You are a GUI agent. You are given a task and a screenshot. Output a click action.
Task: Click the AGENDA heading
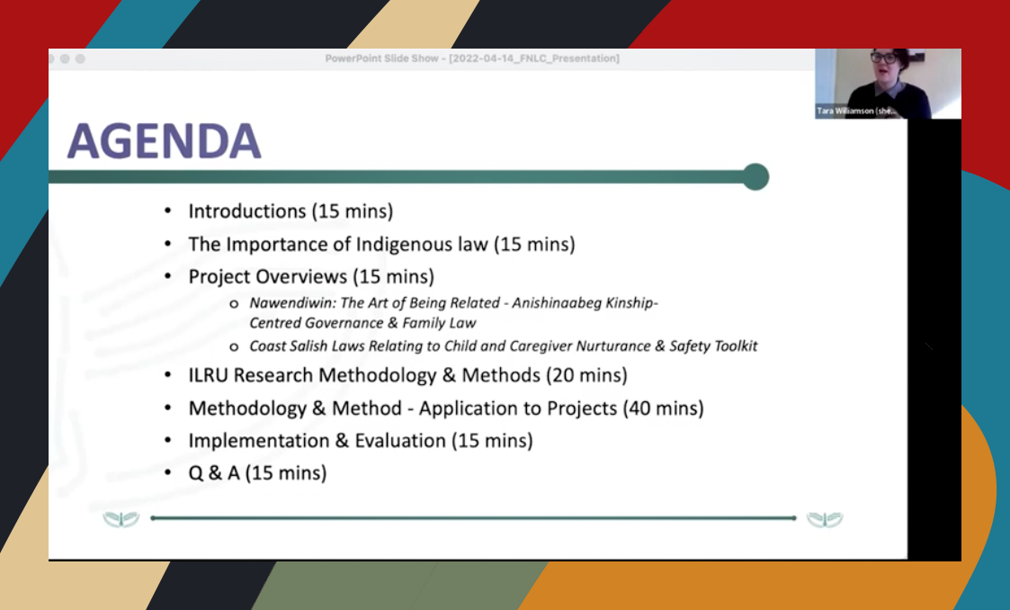coord(165,140)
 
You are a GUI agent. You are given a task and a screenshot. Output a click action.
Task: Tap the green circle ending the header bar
coord(755,176)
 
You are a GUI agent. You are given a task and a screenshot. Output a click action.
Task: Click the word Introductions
coord(247,211)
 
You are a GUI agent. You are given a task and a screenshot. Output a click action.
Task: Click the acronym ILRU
coord(208,375)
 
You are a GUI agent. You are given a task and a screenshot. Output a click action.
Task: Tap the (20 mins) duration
coord(586,375)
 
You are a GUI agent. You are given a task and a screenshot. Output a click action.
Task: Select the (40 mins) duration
coord(663,408)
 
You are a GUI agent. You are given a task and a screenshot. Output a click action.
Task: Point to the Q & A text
coord(214,473)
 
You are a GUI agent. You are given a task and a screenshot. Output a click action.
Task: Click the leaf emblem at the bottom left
coord(121,519)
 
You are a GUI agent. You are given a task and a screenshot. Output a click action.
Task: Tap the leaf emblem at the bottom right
coord(825,519)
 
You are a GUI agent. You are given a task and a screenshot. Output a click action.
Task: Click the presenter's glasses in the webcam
coord(884,58)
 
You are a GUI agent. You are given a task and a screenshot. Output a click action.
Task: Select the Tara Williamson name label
coord(856,111)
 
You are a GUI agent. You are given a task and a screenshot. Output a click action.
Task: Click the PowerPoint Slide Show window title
coord(472,58)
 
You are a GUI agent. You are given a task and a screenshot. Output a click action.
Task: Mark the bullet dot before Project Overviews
coord(167,276)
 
